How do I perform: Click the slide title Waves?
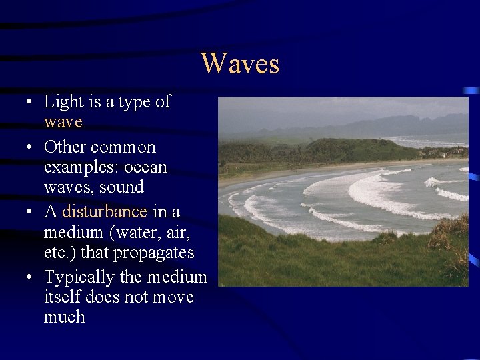coord(240,64)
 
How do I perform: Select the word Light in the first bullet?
coord(63,102)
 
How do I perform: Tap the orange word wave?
coord(63,123)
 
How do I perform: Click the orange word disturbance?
coord(105,212)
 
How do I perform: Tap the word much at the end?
coord(65,317)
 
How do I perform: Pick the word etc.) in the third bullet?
coord(61,253)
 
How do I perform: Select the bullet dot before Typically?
coord(24,277)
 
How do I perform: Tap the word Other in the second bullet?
coord(65,147)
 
